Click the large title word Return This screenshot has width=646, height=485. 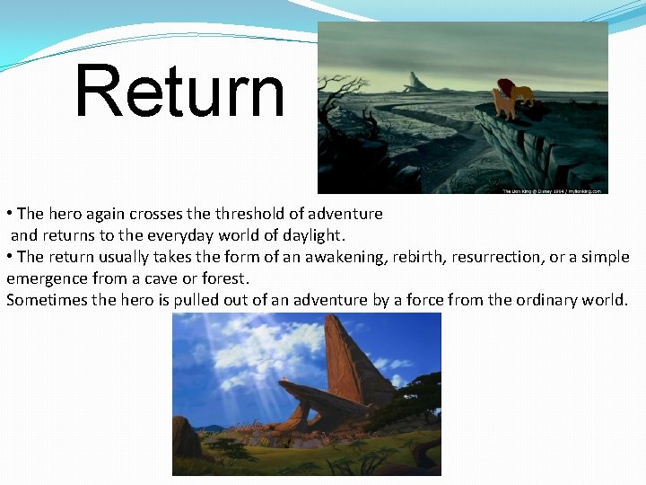pyautogui.click(x=179, y=92)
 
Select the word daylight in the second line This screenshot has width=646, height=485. pyautogui.click(x=312, y=235)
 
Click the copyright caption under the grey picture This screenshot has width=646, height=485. pyautogui.click(x=554, y=190)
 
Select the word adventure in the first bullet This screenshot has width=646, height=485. pyautogui.click(x=345, y=214)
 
